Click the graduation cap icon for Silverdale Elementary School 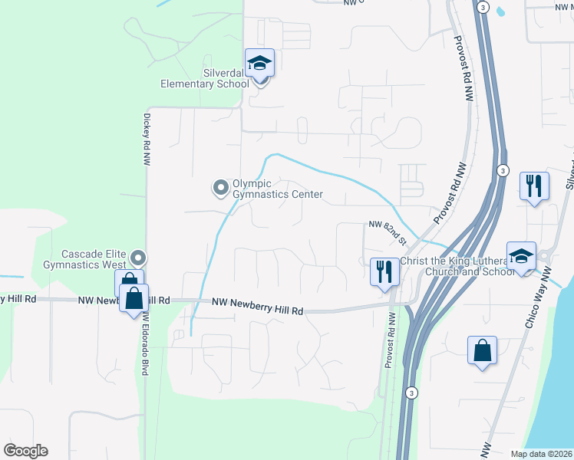click(260, 63)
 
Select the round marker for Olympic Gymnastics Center click(221, 187)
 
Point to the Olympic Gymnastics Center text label click(278, 189)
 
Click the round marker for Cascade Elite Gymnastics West click(138, 258)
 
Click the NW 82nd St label click(386, 225)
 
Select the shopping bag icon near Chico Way click(483, 351)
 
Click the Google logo click(25, 451)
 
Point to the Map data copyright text click(540, 454)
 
